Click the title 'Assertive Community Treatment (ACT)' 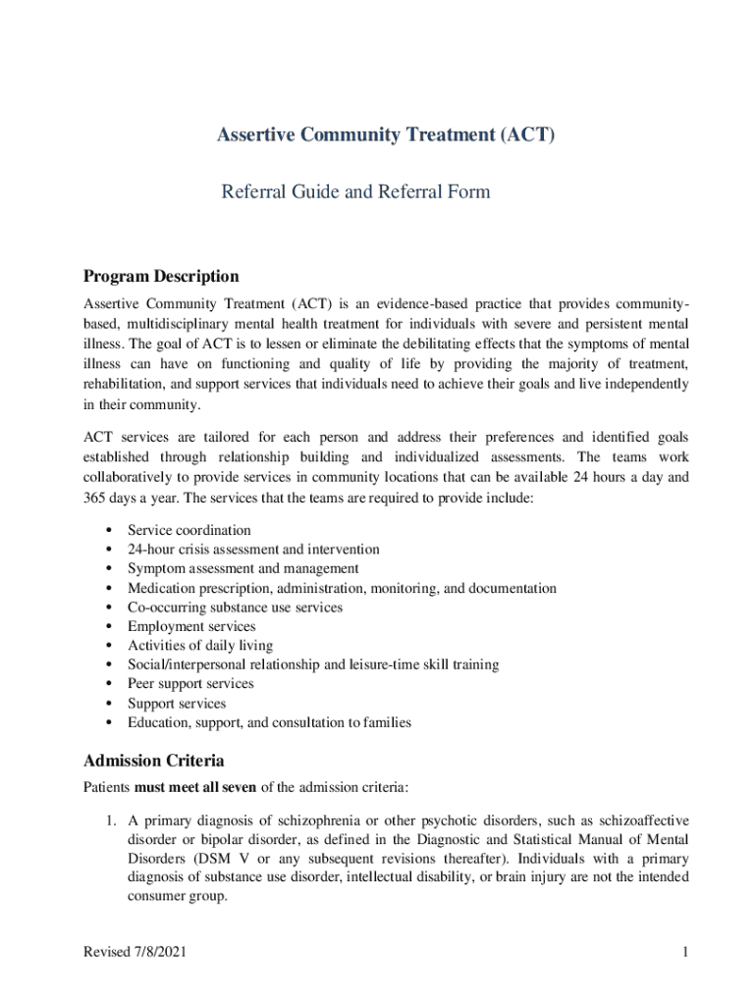click(385, 135)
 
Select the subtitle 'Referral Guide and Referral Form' click(355, 191)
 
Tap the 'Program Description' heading click(161, 277)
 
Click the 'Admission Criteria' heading click(154, 761)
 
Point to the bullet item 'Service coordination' click(189, 530)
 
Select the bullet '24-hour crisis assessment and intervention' click(253, 550)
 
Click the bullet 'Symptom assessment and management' click(243, 568)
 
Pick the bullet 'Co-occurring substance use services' click(235, 608)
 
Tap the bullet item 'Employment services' click(191, 626)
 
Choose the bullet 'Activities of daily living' click(200, 646)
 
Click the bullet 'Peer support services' click(190, 684)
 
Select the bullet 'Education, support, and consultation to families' click(269, 722)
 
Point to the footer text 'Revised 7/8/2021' click(136, 953)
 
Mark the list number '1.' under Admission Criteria click(114, 820)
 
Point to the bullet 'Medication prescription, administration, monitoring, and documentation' click(342, 588)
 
